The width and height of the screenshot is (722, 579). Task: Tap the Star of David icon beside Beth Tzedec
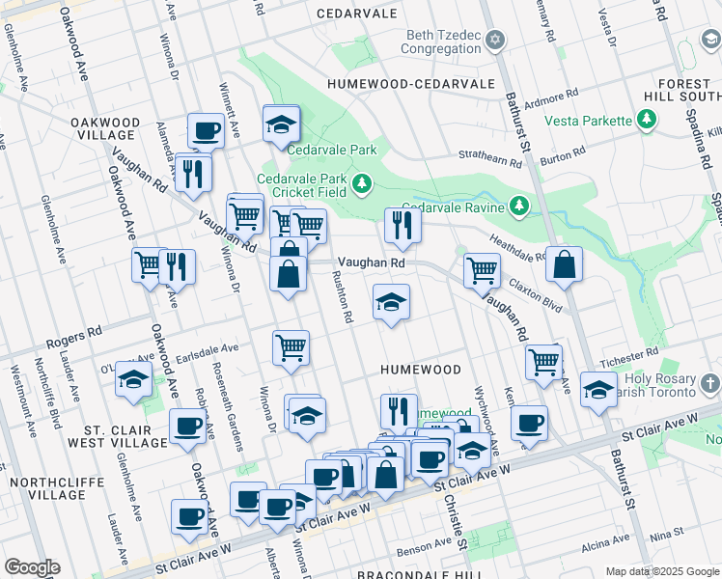coord(495,40)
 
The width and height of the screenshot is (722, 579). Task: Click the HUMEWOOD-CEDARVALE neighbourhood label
coord(410,85)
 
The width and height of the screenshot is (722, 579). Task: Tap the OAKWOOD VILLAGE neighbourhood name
coord(118,128)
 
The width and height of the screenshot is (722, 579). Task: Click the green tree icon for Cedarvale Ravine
coord(519,206)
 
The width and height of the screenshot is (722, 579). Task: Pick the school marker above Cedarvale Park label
coord(281,124)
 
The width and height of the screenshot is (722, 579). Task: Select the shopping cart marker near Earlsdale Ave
coord(291,347)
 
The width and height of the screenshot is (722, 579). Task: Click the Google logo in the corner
coord(32,567)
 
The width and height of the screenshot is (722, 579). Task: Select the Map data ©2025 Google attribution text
coord(661,570)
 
